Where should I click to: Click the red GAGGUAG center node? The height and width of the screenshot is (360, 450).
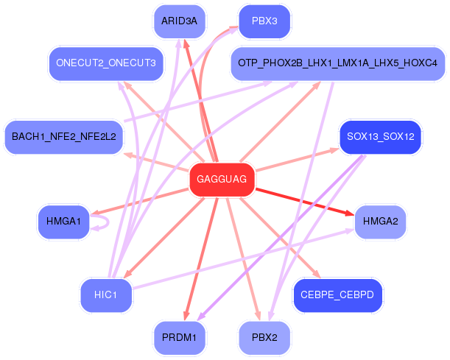(x=222, y=180)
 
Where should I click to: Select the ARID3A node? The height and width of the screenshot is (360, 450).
(x=180, y=21)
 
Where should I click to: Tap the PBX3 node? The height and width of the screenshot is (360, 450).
(x=264, y=21)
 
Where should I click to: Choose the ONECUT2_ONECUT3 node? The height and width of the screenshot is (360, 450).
(x=106, y=63)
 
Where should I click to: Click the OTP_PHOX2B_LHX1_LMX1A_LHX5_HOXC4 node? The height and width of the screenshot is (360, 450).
(x=337, y=63)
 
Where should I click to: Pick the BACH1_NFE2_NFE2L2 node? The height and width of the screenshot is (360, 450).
(x=64, y=137)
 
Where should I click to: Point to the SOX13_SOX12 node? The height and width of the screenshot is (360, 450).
(x=380, y=137)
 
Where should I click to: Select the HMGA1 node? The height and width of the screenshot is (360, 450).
(x=64, y=222)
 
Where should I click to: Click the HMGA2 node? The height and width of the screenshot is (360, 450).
(x=380, y=222)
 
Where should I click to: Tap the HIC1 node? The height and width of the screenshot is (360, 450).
(x=106, y=295)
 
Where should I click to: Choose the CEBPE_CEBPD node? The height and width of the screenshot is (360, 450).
(x=337, y=295)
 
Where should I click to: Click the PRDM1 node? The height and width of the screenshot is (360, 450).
(x=180, y=338)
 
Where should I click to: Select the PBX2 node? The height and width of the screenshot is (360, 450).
(x=264, y=338)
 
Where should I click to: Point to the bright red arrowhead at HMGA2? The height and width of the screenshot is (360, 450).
(x=350, y=213)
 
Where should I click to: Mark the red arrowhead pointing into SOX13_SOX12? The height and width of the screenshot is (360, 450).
(x=334, y=150)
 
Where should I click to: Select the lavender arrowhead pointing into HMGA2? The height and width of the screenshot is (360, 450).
(x=350, y=231)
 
